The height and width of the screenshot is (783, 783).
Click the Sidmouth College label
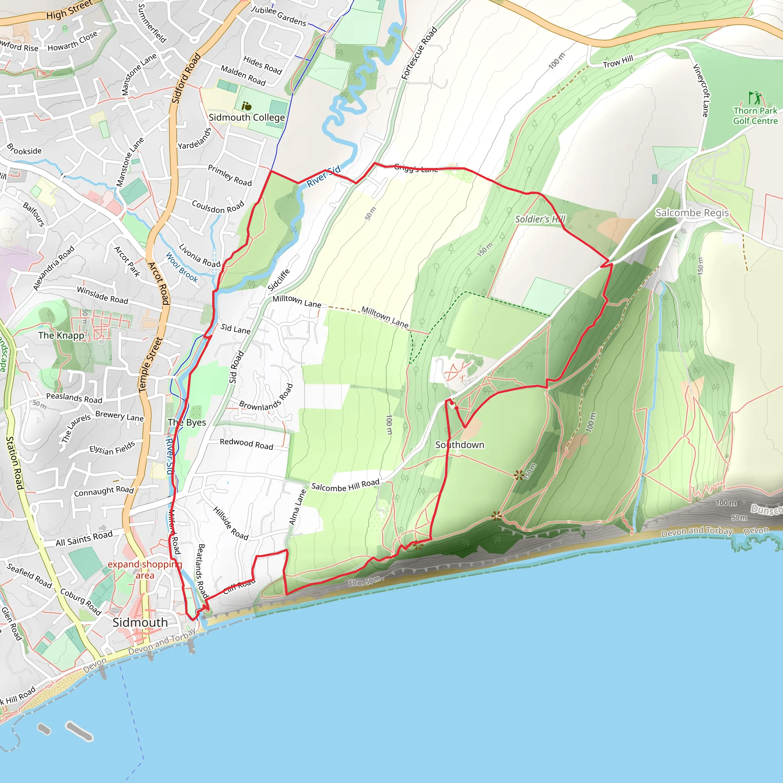(247, 117)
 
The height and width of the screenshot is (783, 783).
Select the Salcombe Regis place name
(692, 213)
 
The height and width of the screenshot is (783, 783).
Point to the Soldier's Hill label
(540, 219)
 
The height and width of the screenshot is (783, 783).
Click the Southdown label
(460, 445)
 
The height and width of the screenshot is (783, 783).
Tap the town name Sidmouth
(140, 622)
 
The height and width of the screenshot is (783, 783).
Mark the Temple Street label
(150, 365)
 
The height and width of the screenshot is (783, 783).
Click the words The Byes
(187, 422)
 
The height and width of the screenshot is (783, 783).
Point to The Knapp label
(61, 336)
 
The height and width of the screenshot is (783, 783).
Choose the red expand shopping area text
(145, 570)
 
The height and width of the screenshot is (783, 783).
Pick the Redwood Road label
(247, 444)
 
